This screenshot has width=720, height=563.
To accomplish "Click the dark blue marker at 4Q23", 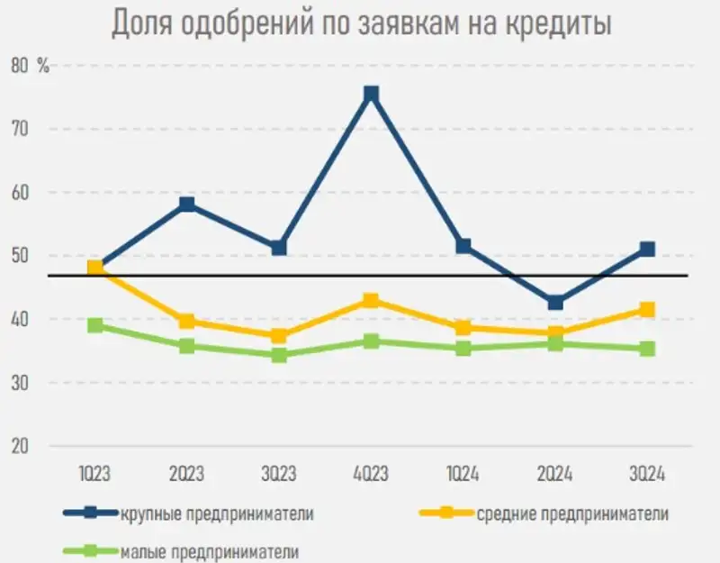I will [371, 95].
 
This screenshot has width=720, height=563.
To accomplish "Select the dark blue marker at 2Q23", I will [187, 204].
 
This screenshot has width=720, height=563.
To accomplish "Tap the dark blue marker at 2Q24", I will [555, 303].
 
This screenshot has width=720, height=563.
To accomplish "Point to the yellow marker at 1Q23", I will [95, 268].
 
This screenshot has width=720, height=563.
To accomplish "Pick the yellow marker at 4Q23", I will [371, 300].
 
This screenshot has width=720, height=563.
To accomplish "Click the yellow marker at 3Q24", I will [646, 310].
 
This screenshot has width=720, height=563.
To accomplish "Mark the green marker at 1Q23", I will [95, 325].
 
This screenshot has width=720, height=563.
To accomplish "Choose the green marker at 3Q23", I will [279, 355].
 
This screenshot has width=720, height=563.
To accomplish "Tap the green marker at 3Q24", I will [646, 349].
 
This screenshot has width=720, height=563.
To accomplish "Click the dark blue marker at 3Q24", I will [646, 250].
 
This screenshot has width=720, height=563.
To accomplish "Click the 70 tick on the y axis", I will [46, 129].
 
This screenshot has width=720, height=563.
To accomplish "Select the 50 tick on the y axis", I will [46, 256].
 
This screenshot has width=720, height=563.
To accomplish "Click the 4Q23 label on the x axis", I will [371, 475].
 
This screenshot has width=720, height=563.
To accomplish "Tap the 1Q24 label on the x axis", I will [463, 475].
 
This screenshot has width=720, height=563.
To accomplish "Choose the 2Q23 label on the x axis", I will [187, 475].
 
